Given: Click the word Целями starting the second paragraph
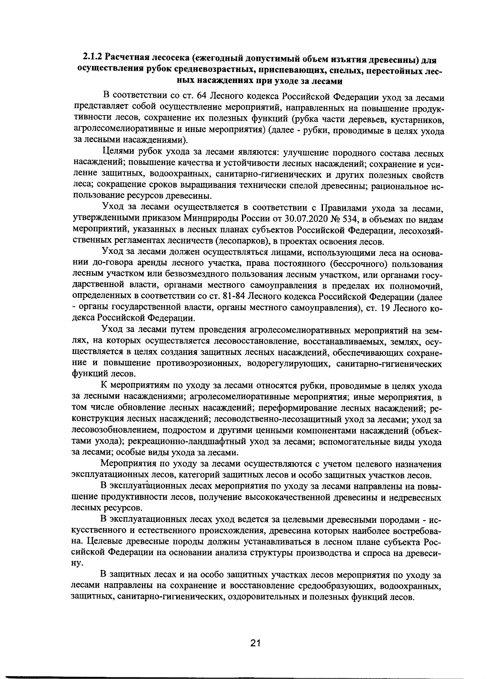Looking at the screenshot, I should (x=117, y=153).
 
